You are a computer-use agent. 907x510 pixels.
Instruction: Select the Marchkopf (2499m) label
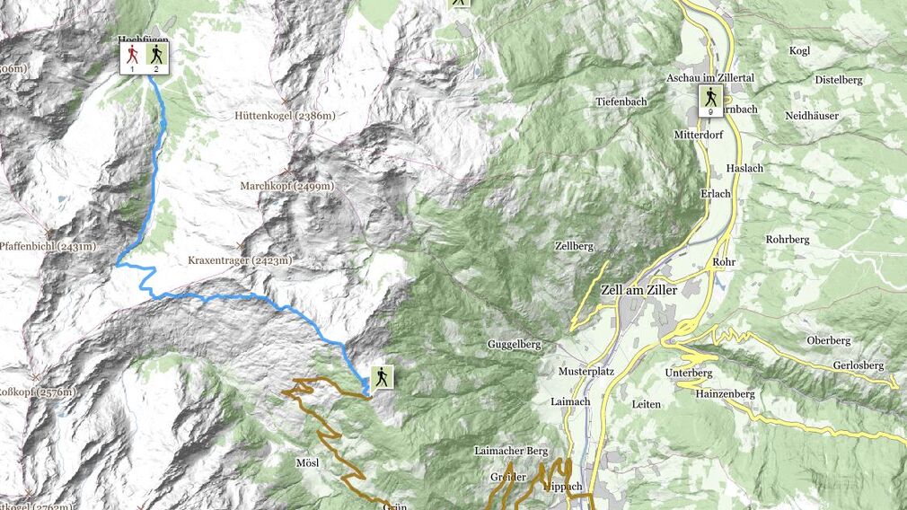(286, 186)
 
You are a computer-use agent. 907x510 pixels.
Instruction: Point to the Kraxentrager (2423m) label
(240, 260)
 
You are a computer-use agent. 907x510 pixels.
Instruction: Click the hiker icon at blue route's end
(383, 377)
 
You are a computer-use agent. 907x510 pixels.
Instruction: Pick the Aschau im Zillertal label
(709, 78)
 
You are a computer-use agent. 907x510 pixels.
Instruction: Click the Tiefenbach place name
(621, 101)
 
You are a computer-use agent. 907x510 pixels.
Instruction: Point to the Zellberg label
(574, 245)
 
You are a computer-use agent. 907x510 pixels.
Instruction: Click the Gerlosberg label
(858, 365)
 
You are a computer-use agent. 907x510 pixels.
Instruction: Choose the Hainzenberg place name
(724, 393)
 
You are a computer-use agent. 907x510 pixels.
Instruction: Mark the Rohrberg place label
(788, 240)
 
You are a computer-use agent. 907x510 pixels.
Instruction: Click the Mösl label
(307, 462)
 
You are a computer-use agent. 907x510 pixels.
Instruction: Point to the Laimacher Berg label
(510, 450)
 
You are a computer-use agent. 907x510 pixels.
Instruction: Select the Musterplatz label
(585, 371)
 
